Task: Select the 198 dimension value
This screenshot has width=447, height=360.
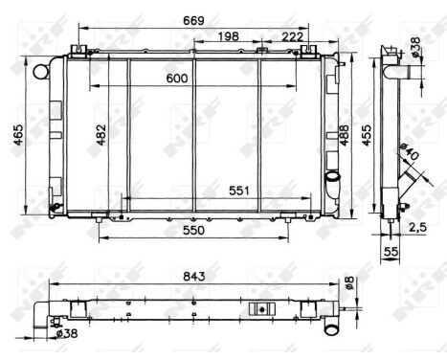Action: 228,35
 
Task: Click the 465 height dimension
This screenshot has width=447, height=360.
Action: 16,136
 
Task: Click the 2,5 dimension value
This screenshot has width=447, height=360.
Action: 417,227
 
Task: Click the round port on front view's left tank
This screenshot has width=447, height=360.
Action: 40,72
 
